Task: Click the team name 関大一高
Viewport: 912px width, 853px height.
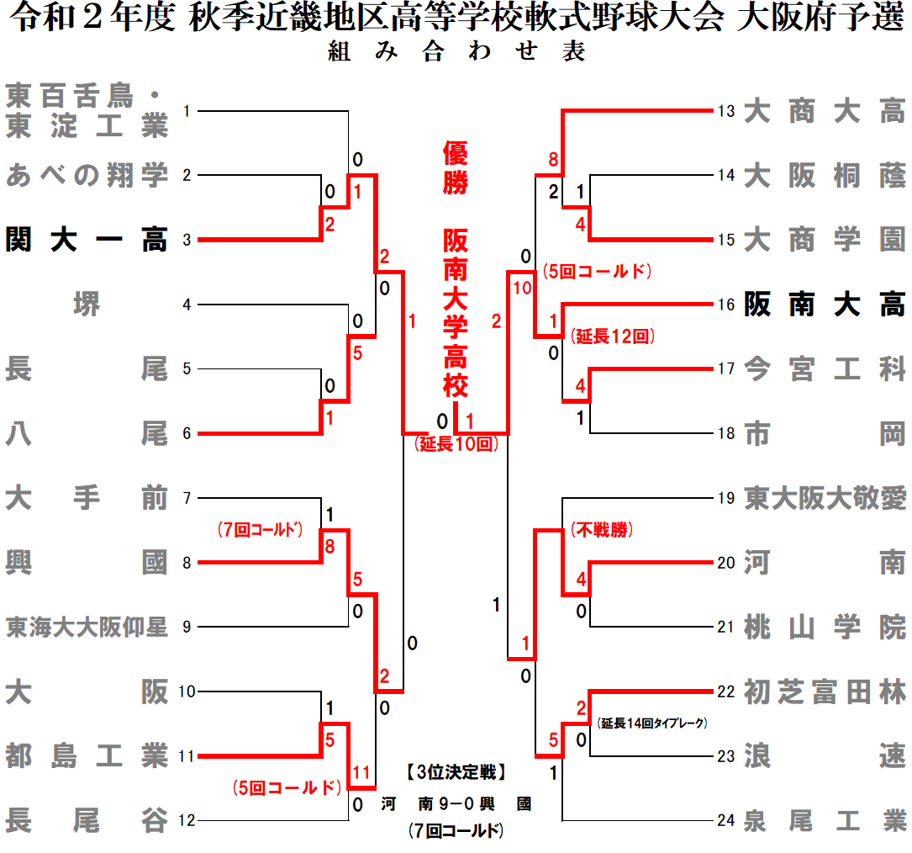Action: coord(87,240)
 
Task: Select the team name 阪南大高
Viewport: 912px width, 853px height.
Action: coord(825,304)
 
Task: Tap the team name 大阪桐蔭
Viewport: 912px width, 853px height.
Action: coord(825,176)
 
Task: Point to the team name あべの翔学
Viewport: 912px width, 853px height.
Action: coord(87,176)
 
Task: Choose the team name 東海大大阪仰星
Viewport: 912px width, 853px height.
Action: coord(87,627)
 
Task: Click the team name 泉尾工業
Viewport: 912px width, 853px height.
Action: coord(825,820)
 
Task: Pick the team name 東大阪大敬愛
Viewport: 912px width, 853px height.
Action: coord(825,498)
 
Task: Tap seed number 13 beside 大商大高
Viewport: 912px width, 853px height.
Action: coord(727,111)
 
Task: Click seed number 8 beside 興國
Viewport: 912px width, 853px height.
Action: coord(187,562)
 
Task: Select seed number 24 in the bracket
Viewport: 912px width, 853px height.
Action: coord(727,820)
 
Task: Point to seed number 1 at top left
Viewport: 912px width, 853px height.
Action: coord(187,111)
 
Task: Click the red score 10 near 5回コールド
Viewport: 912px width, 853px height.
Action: coord(521,288)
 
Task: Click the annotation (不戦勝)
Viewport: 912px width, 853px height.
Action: coord(601,530)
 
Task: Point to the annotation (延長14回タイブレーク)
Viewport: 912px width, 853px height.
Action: coord(653,722)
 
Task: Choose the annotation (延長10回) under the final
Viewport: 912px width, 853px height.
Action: coord(456,444)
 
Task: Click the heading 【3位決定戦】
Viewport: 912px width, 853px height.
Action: coord(454,772)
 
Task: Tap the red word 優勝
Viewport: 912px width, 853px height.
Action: coord(455,167)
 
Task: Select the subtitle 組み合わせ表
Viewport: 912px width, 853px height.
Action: coord(456,51)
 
